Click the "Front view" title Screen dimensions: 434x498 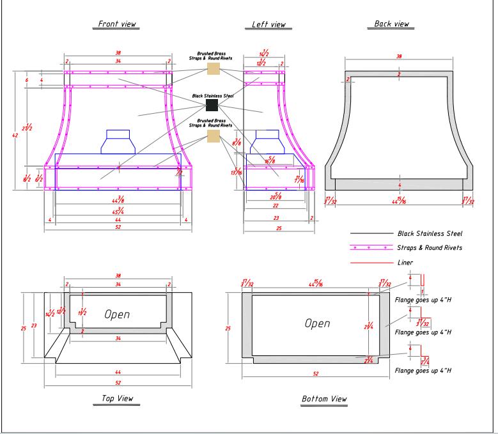117,24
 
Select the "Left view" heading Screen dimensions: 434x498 268,24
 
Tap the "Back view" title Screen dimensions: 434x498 392,24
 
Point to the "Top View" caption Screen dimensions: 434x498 118,398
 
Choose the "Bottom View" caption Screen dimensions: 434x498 324,399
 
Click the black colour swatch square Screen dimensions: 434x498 212,104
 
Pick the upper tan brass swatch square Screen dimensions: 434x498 213,68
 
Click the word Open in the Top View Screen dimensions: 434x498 117,314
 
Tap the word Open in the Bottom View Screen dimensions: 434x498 317,323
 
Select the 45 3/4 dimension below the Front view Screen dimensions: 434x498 118,210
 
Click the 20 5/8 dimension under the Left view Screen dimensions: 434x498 277,196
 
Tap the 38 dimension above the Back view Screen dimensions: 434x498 399,57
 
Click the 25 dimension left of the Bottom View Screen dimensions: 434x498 227,328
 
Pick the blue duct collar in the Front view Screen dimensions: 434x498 118,141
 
